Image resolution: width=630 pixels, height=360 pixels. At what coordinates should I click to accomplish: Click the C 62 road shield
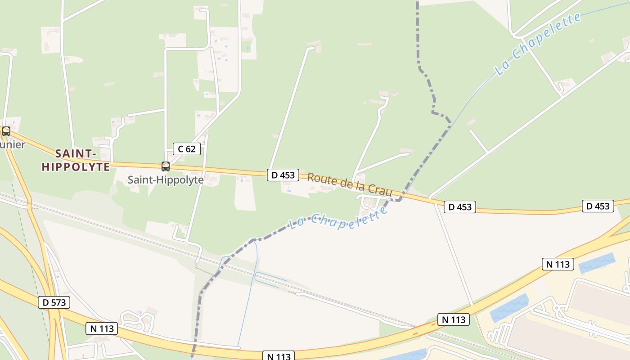[187, 148]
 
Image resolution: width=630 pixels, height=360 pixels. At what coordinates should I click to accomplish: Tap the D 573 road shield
[54, 302]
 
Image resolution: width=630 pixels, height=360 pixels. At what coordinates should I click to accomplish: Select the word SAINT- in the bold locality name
[76, 153]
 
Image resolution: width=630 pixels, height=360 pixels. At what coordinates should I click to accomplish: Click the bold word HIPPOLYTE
[76, 167]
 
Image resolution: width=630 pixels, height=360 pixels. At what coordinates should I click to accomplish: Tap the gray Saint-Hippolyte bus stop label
[166, 180]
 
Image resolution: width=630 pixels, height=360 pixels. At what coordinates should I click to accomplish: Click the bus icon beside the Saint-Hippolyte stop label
[166, 166]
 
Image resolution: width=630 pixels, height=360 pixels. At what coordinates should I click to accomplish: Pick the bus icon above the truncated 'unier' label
[6, 131]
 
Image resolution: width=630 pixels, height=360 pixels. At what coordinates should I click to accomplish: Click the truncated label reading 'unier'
[13, 144]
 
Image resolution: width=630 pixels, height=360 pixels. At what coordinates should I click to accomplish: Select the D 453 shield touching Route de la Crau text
[283, 175]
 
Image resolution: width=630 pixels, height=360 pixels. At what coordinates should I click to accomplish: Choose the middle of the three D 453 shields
[459, 207]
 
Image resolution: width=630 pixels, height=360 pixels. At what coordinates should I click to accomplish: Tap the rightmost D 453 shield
[598, 206]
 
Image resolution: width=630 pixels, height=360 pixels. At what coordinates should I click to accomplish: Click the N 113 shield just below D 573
[102, 328]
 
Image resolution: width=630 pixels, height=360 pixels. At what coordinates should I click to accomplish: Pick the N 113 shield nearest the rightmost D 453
[558, 264]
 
